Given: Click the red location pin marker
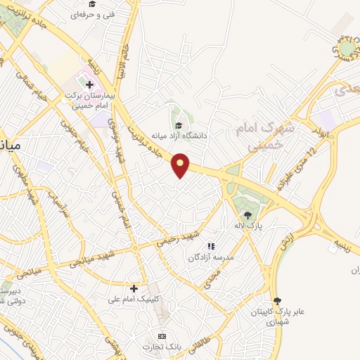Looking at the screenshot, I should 181,165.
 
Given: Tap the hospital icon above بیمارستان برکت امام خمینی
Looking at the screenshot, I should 89,85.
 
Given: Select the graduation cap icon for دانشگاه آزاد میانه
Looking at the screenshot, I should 179,126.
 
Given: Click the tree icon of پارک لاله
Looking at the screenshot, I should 247,214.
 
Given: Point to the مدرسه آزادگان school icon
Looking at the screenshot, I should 210,246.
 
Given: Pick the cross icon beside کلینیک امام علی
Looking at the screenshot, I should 134,288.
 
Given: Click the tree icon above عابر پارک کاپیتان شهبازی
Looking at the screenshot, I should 277,300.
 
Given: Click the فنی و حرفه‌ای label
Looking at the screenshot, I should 96,13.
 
